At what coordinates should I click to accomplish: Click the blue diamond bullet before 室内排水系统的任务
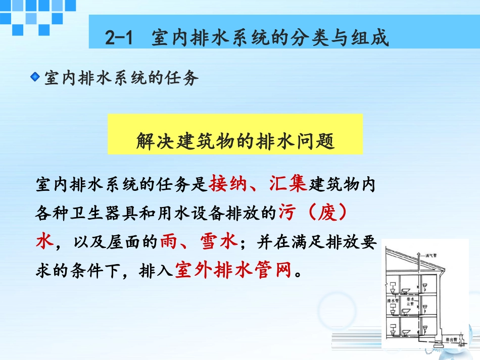tap(35, 77)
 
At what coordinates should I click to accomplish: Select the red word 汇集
tap(289, 184)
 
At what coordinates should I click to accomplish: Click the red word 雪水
tap(221, 242)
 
